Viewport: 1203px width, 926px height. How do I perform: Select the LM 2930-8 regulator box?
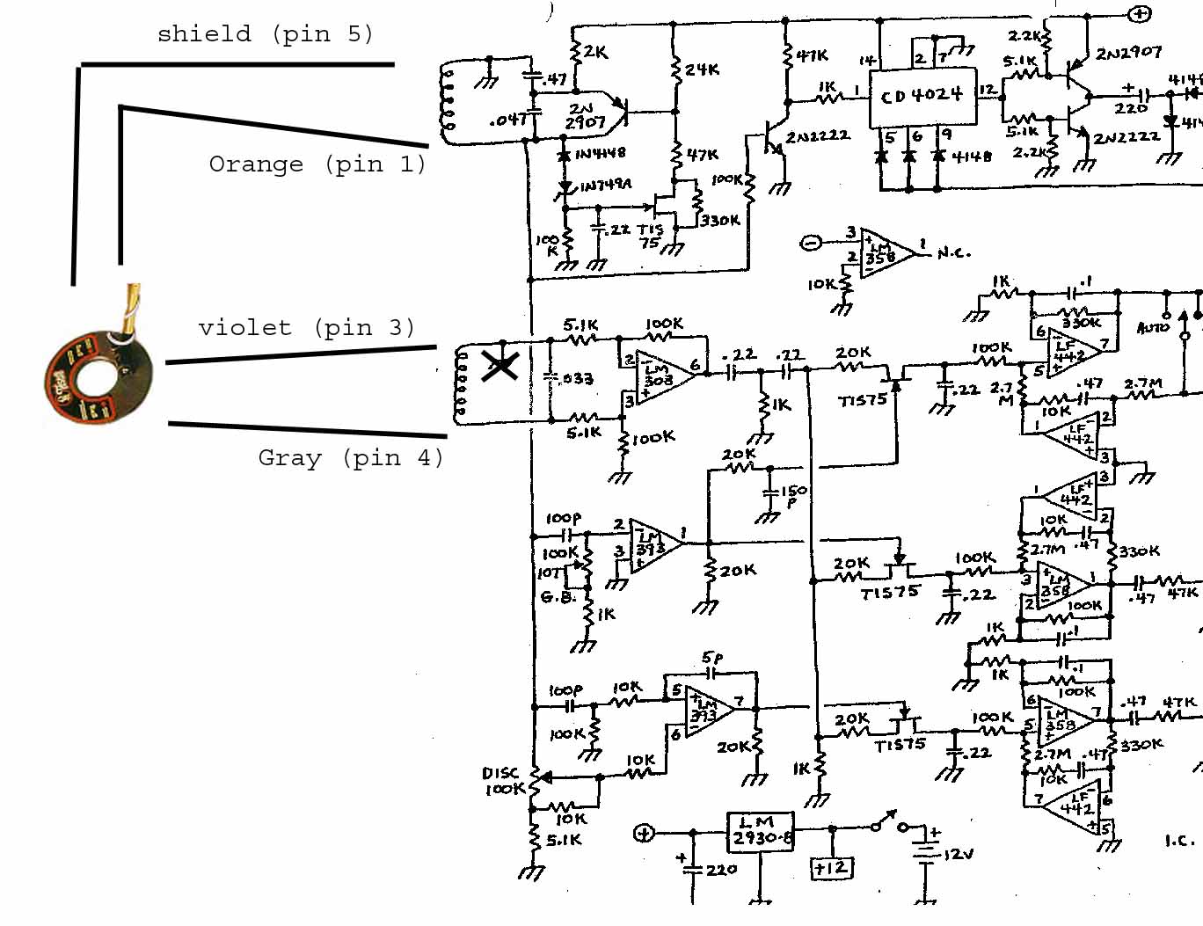coord(762,831)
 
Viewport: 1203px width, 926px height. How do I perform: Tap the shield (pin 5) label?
coord(265,34)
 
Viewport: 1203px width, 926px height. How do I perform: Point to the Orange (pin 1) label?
coord(317,164)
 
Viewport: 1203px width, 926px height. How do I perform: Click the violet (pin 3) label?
coord(306,328)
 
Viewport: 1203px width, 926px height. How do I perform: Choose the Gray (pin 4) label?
coord(350,458)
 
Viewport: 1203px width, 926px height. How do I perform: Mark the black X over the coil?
coord(499,364)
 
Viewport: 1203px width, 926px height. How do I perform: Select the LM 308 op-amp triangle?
coord(665,374)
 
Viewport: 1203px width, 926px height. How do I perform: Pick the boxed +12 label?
coord(830,868)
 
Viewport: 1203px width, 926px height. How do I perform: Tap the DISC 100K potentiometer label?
coord(504,781)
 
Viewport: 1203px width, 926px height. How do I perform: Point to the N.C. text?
coord(953,253)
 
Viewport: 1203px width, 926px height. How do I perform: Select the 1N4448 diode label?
coord(600,152)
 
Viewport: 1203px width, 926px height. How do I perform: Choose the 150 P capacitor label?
coord(793,496)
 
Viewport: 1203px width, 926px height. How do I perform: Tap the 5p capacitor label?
coord(711,658)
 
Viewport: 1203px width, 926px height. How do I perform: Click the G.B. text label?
coord(558,597)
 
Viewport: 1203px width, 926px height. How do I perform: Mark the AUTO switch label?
coord(1153,327)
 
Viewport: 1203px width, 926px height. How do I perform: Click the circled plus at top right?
coord(1139,13)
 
